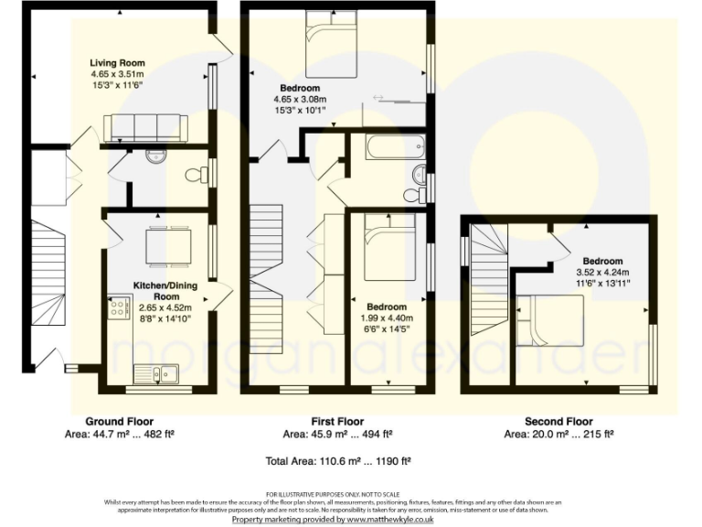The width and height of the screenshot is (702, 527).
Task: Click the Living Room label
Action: (x=117, y=63)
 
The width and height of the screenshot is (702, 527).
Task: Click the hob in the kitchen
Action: (x=119, y=309)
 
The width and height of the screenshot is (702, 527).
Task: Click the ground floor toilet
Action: (x=194, y=175)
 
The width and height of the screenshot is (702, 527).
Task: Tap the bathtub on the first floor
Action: (x=390, y=146)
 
